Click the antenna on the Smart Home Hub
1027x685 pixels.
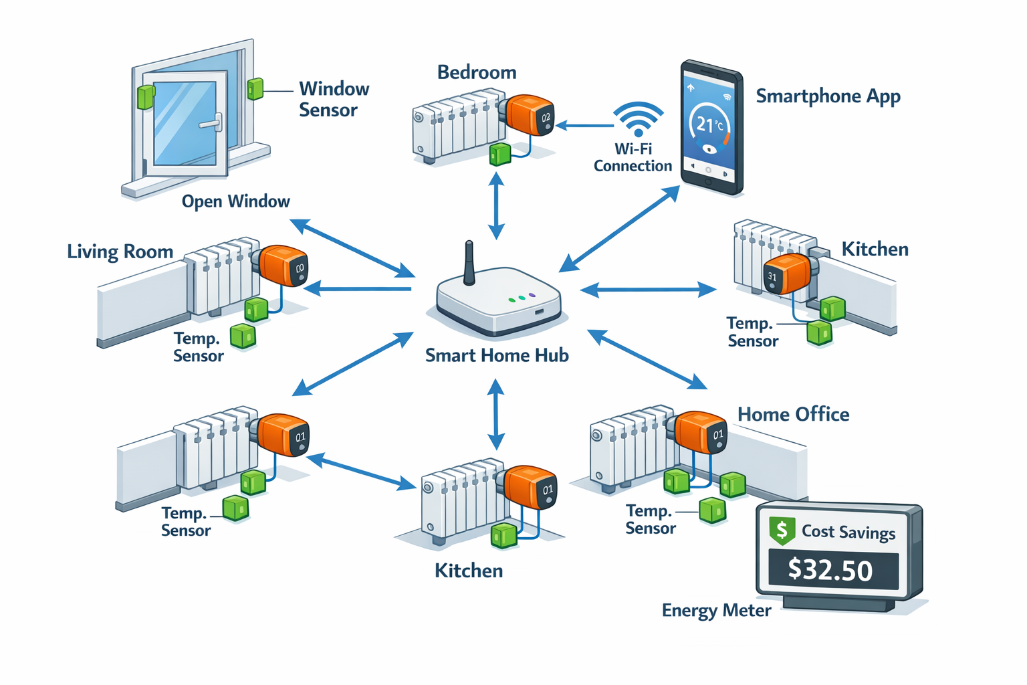tap(469, 263)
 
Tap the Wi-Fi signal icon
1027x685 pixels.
tap(639, 119)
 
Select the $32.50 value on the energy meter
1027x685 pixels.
tap(830, 570)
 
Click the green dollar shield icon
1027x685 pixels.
tap(782, 530)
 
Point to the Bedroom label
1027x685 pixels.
tap(477, 72)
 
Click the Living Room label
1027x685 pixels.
tap(120, 252)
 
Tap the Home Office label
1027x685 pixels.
tap(793, 415)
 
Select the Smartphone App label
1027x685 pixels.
tap(828, 96)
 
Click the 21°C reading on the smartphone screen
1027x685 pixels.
tap(709, 124)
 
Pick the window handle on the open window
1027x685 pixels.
tap(213, 124)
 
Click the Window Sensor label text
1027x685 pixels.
tap(333, 99)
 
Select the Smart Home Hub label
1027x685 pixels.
tap(497, 355)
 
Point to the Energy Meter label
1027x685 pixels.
tap(716, 611)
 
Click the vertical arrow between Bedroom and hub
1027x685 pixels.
tap(496, 205)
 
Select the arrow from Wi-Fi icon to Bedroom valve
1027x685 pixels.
tap(584, 125)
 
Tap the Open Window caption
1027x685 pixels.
tap(235, 201)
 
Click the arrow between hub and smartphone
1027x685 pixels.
tap(619, 229)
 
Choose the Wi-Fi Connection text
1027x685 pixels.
tap(633, 157)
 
